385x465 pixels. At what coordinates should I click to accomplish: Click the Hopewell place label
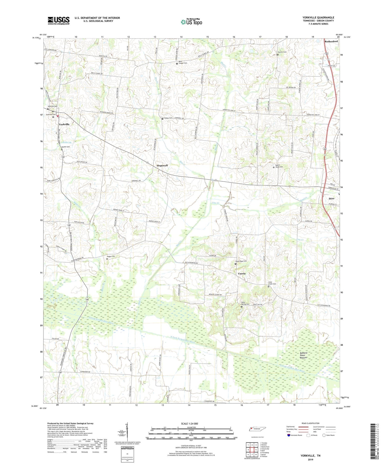click(162, 165)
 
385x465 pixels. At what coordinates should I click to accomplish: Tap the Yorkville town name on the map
click(64, 124)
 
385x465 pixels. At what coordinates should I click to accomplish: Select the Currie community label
click(242, 273)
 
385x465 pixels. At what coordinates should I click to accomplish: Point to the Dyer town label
click(331, 199)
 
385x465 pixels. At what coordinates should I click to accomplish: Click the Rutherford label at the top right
click(331, 41)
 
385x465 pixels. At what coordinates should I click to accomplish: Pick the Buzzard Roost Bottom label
click(303, 355)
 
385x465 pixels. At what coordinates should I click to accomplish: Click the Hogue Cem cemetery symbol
click(107, 259)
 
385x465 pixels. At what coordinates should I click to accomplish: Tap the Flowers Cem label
click(282, 52)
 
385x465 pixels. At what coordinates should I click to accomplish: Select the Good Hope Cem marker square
click(235, 264)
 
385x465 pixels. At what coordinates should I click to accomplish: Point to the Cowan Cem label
click(168, 118)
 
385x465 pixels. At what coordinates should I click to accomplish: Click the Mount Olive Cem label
click(279, 166)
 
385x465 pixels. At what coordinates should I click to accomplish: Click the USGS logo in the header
click(59, 21)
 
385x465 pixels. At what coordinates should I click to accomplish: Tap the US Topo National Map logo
click(191, 22)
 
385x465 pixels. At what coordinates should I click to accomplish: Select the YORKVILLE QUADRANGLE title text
click(318, 17)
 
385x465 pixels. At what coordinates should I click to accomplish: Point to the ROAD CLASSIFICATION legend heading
click(311, 423)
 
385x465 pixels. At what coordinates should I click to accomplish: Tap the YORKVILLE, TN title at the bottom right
click(310, 456)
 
